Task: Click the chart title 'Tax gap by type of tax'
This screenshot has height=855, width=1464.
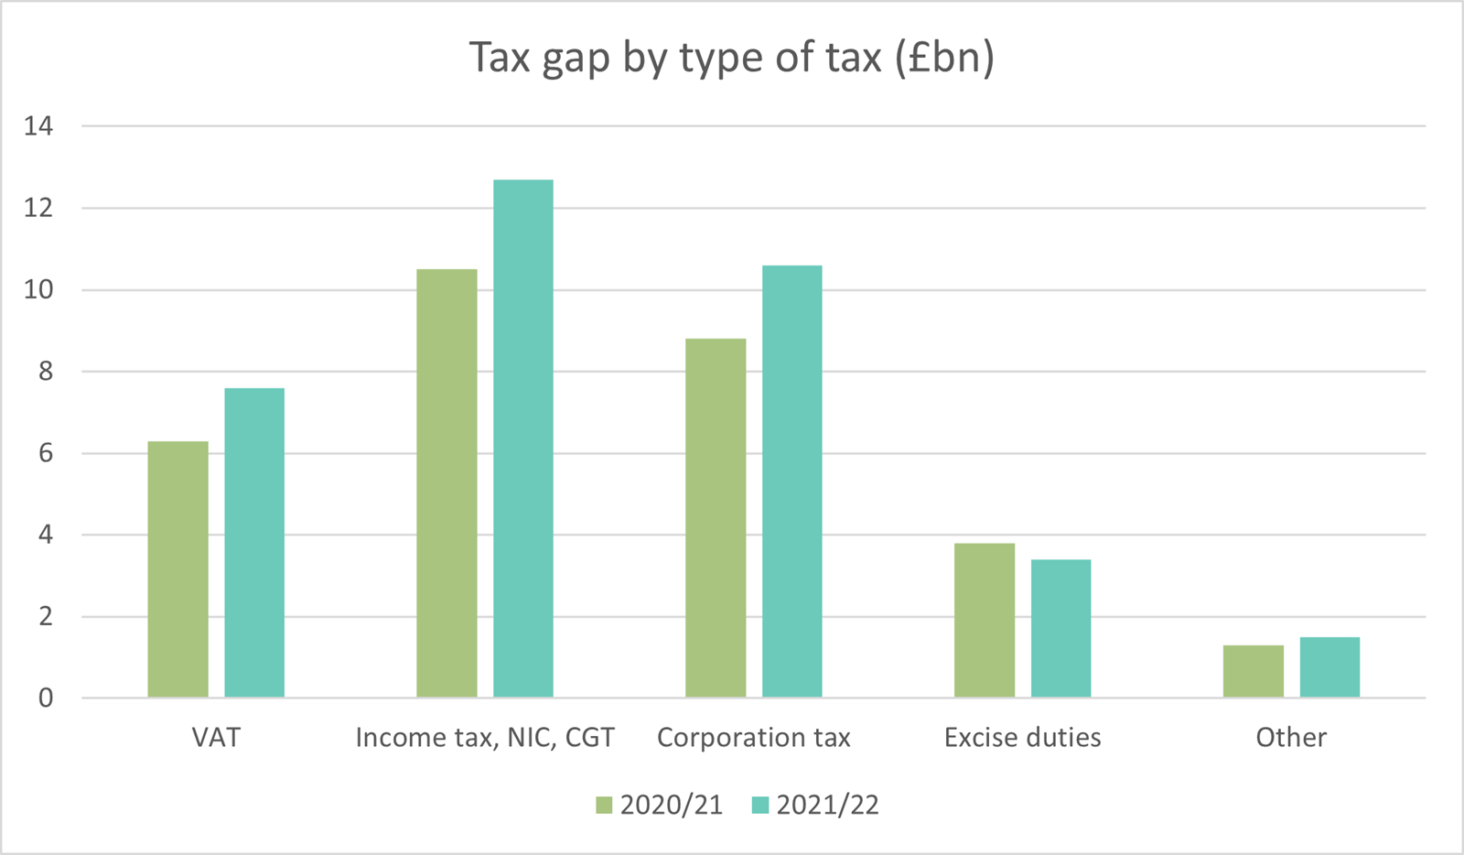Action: click(x=731, y=58)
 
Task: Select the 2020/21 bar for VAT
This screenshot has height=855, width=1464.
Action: click(x=178, y=569)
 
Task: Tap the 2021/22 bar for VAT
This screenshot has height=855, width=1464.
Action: click(x=254, y=543)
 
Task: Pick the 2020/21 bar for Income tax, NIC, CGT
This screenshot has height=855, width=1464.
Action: click(x=447, y=483)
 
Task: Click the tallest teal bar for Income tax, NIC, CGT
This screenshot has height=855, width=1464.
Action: click(x=523, y=438)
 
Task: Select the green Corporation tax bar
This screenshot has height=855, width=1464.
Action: click(x=716, y=518)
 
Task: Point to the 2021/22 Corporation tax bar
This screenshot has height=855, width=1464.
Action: click(x=792, y=482)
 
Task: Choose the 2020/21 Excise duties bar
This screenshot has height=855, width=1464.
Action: click(x=985, y=621)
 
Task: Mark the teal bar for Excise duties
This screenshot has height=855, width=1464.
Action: click(x=1061, y=629)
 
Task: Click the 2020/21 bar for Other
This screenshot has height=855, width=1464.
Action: click(x=1254, y=672)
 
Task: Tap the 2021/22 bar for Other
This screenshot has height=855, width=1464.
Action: click(x=1330, y=667)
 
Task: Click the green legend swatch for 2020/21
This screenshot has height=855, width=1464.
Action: click(x=604, y=806)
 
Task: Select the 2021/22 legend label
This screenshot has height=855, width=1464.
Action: click(x=827, y=806)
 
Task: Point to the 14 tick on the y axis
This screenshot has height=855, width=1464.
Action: click(x=38, y=126)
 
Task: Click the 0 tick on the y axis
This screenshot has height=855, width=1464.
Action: click(x=46, y=698)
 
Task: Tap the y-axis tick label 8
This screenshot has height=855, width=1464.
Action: click(x=46, y=372)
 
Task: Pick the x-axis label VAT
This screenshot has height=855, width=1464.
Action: click(x=216, y=738)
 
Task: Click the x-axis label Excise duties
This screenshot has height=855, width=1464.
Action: click(x=1023, y=738)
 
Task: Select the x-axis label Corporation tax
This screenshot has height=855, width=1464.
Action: click(x=754, y=738)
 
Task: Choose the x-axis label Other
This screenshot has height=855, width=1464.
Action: click(x=1291, y=738)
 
